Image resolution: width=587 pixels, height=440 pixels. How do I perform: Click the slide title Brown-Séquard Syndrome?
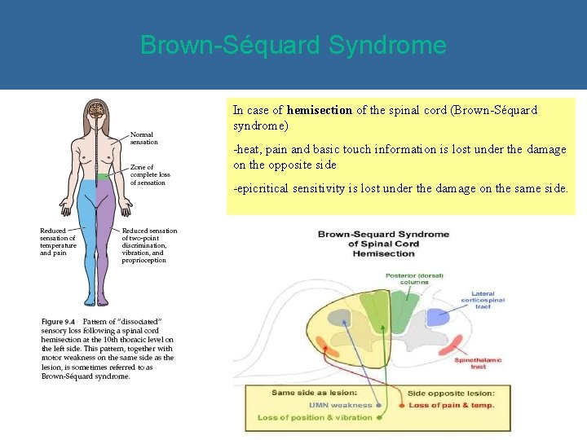pyautogui.click(x=293, y=44)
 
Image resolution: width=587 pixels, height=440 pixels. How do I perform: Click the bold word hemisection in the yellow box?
pyautogui.click(x=320, y=110)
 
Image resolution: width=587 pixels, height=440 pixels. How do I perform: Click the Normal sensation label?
pyautogui.click(x=144, y=138)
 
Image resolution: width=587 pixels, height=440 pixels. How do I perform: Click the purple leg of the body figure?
pyautogui.click(x=108, y=236)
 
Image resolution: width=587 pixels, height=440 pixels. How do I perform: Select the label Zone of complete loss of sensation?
pyautogui.click(x=150, y=174)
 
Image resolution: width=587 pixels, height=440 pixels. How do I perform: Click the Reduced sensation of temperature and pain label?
pyautogui.click(x=58, y=242)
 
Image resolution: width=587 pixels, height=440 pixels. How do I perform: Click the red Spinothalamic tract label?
pyautogui.click(x=479, y=363)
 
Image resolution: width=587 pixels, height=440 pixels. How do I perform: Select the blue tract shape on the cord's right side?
pyautogui.click(x=438, y=317)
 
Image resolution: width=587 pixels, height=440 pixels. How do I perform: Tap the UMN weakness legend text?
pyautogui.click(x=339, y=405)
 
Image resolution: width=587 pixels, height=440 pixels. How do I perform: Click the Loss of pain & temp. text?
pyautogui.click(x=451, y=405)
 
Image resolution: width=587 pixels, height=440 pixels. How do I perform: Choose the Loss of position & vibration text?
pyautogui.click(x=314, y=417)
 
